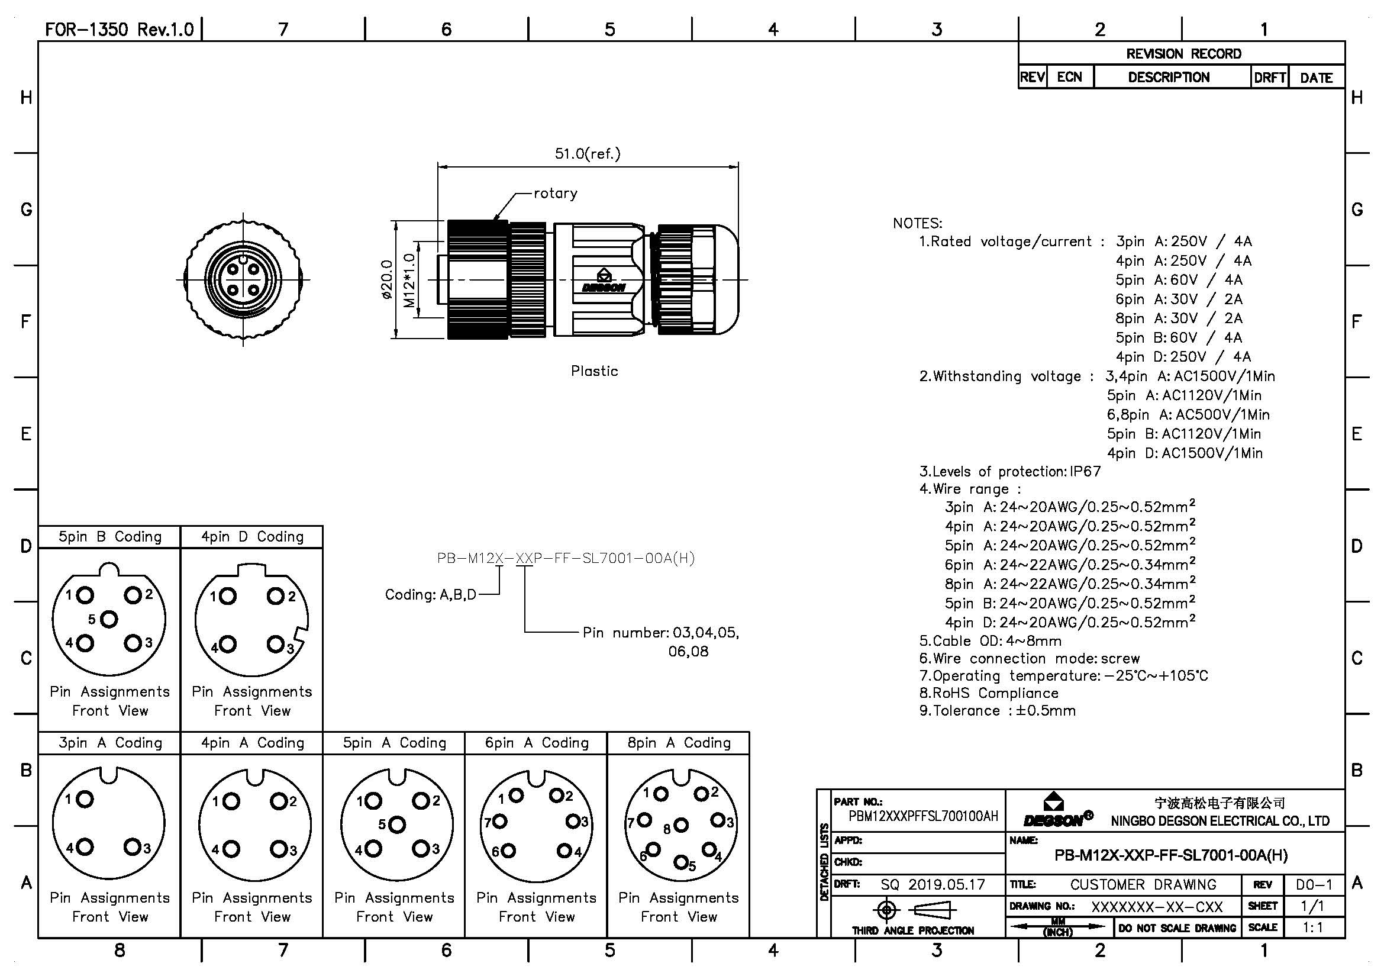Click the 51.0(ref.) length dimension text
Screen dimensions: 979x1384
point(587,154)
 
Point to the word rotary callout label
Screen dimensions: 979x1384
point(555,194)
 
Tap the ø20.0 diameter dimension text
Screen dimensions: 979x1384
point(387,280)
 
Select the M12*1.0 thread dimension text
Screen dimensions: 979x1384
point(410,281)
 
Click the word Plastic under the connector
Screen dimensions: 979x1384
point(594,371)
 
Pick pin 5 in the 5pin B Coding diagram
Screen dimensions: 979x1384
point(109,619)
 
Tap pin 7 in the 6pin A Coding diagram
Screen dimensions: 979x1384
point(501,821)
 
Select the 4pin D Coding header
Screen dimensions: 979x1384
point(252,537)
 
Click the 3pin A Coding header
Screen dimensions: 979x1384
point(109,743)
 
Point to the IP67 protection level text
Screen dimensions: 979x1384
point(1085,471)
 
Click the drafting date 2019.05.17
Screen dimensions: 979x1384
point(946,884)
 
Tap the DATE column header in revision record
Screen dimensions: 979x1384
point(1316,78)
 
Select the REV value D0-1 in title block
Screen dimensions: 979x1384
point(1314,884)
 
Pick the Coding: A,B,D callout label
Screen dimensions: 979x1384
point(430,595)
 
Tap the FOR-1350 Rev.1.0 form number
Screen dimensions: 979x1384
point(120,30)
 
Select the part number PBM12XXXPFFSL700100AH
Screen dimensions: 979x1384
point(923,816)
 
